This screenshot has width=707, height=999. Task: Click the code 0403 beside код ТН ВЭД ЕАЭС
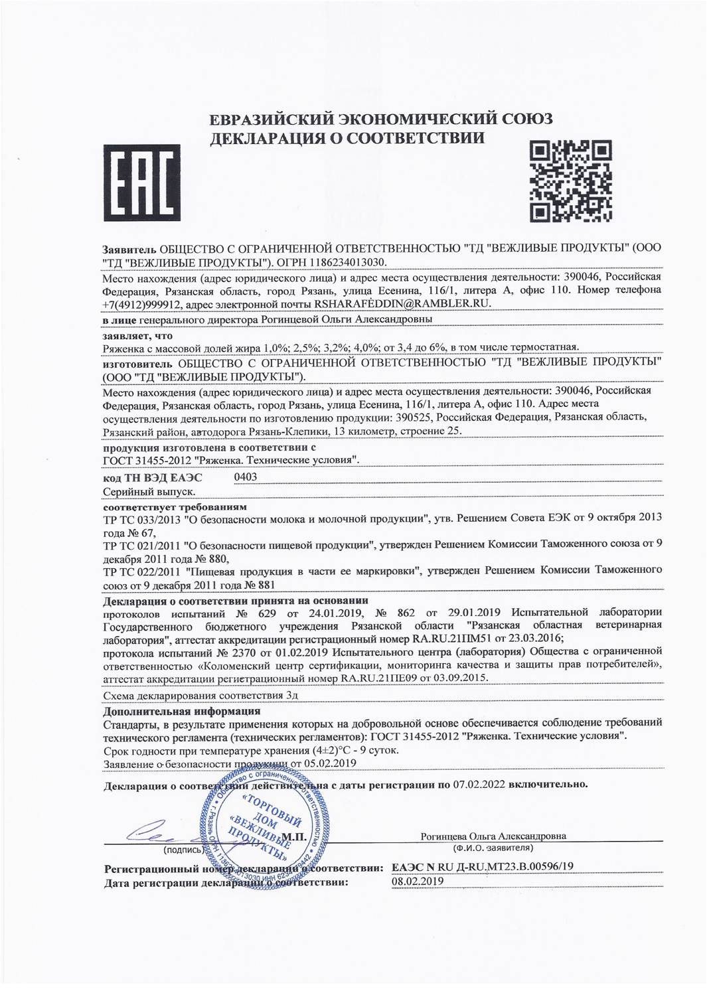click(x=246, y=477)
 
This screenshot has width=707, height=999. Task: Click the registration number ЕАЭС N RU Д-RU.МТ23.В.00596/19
click(x=483, y=867)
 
